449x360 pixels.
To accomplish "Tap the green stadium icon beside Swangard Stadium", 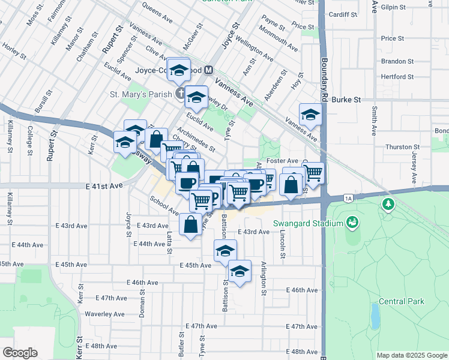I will tap(352, 223).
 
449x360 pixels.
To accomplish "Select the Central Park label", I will tap(401, 301).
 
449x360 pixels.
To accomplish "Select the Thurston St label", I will tap(402, 147).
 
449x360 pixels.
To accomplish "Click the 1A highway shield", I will tap(348, 197).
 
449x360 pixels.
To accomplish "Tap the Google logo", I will tap(20, 353).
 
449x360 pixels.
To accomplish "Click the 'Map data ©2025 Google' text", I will tap(411, 355).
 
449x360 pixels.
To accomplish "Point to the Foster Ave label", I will tap(284, 161).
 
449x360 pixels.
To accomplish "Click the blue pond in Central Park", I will tap(375, 314).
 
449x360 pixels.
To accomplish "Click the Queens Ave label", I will tap(157, 8).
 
